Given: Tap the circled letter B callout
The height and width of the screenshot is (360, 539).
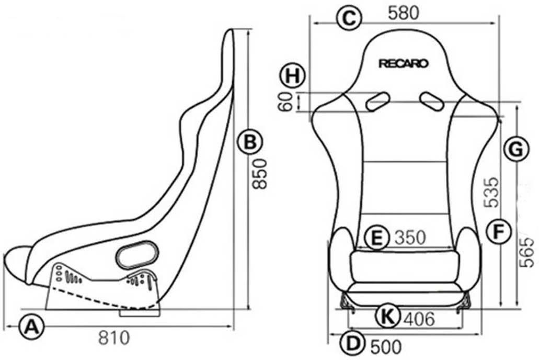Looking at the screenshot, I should [x=249, y=142].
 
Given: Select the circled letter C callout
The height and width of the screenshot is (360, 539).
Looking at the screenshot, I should [x=348, y=18].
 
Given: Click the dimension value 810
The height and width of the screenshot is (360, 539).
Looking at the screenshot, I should [x=113, y=338].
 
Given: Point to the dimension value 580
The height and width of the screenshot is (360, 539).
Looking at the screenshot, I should [x=404, y=14].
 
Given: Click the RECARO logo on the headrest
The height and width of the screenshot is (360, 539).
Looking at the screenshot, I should [x=404, y=63].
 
